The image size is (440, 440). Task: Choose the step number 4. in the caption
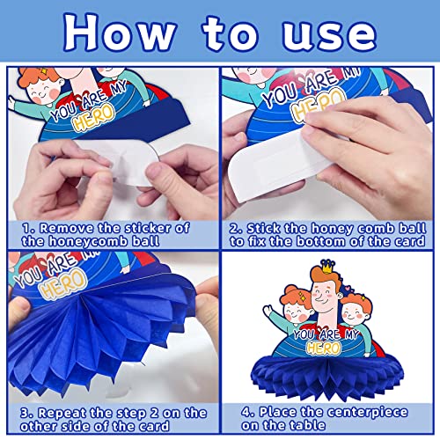pyautogui.click(x=249, y=412)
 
